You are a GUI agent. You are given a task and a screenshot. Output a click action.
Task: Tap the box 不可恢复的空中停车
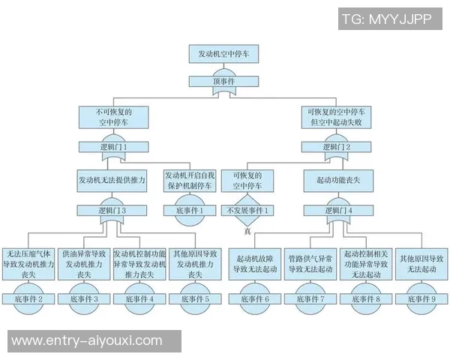click(113, 116)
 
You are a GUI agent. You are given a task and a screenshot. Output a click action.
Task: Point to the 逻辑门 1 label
click(113, 146)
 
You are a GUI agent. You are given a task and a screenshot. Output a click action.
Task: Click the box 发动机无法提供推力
click(112, 180)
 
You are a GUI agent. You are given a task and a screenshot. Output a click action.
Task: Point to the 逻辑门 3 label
click(112, 211)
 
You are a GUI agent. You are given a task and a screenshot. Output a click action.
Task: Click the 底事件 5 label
click(195, 298)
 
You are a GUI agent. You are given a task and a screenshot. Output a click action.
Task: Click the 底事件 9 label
click(422, 298)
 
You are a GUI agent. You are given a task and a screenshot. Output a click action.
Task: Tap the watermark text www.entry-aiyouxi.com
click(87, 341)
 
